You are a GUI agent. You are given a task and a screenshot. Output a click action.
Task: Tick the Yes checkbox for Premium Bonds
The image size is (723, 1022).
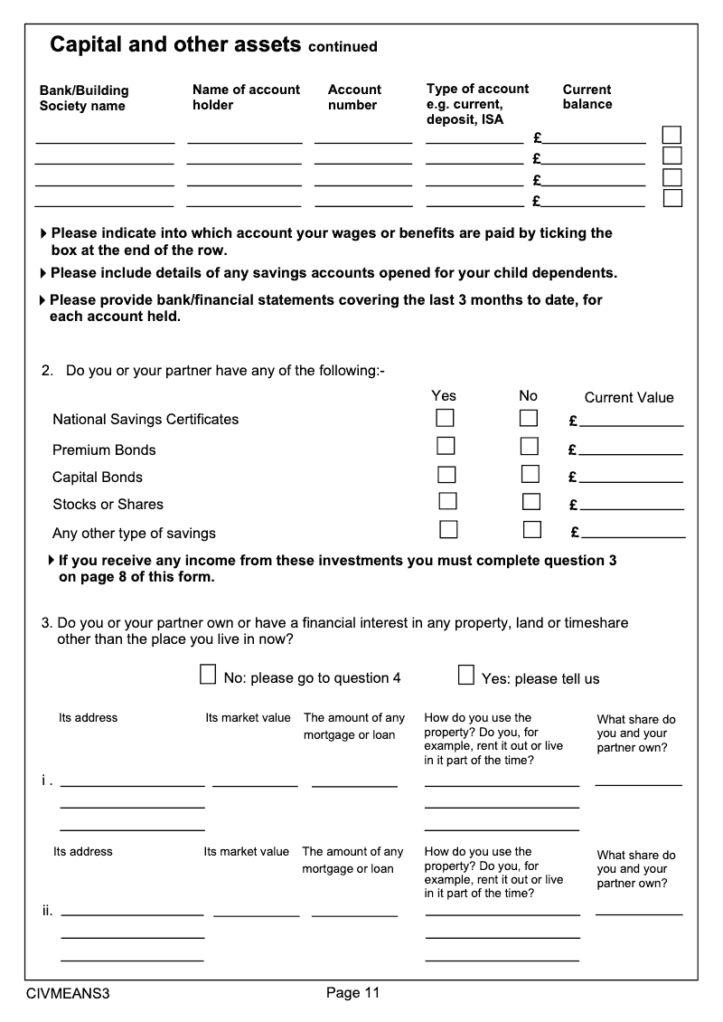[x=446, y=446]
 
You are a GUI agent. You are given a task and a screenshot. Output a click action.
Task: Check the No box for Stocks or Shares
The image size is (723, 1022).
[x=531, y=501]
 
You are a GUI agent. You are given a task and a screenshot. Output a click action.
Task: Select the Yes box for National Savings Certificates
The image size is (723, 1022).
[x=445, y=418]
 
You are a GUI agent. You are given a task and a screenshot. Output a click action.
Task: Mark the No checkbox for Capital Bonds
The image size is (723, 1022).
[x=531, y=474]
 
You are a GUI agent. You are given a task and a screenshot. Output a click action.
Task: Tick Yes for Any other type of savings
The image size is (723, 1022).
[x=448, y=529]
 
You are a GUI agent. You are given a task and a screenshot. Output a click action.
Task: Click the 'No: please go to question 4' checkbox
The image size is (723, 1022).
[x=208, y=675]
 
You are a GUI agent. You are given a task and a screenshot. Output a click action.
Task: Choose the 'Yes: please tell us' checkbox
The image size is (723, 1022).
[x=466, y=675]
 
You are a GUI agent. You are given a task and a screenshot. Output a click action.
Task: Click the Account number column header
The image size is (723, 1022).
[x=354, y=97]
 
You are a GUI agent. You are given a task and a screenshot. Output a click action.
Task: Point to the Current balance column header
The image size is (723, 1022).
[x=587, y=97]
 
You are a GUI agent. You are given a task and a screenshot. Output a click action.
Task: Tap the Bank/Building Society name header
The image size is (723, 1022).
[x=83, y=98]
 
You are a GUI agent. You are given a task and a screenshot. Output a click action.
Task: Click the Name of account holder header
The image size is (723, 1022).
[x=246, y=97]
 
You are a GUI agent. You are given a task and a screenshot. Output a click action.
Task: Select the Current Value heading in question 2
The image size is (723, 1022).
[x=629, y=398]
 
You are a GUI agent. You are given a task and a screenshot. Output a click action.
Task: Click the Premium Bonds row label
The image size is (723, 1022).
[x=104, y=450]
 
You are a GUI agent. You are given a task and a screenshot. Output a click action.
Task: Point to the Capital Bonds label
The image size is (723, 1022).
[x=98, y=478]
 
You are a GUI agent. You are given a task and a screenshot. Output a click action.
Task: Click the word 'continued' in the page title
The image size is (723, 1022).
[x=343, y=47]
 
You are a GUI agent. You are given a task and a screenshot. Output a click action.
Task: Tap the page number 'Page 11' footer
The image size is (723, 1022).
[x=352, y=993]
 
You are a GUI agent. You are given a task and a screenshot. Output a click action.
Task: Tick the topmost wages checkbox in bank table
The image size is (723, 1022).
[x=671, y=135]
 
